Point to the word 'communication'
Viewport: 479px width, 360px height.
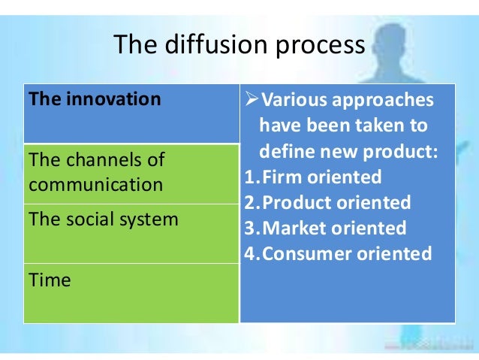point(95,184)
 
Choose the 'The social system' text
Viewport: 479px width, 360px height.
point(103,219)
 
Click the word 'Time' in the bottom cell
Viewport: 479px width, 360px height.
point(49,280)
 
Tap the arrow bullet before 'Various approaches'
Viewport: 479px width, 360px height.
point(252,101)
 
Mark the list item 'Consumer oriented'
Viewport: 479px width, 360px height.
point(345,253)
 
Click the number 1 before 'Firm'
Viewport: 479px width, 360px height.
point(249,177)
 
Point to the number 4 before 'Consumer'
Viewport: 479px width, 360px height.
point(250,253)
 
